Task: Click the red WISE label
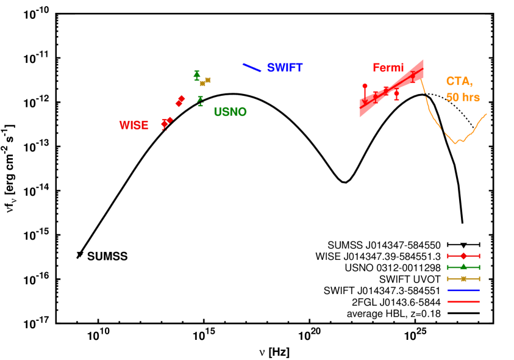pos(134,125)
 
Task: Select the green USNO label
pos(230,112)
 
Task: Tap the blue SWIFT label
pos(285,68)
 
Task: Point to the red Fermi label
pos(388,68)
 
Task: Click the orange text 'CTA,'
pos(459,81)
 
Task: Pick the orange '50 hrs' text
pos(463,98)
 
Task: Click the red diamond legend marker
pos(463,256)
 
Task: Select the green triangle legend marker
pos(463,267)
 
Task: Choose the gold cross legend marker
pos(463,278)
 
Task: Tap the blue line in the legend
pos(463,290)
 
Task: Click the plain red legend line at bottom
pos(463,301)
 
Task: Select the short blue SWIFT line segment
pos(252,68)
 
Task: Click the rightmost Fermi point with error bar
pos(413,76)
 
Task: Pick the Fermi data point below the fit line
pos(396,93)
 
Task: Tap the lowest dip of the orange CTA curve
pos(455,143)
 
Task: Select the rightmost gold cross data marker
pos(208,79)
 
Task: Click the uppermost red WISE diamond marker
pos(182,98)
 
